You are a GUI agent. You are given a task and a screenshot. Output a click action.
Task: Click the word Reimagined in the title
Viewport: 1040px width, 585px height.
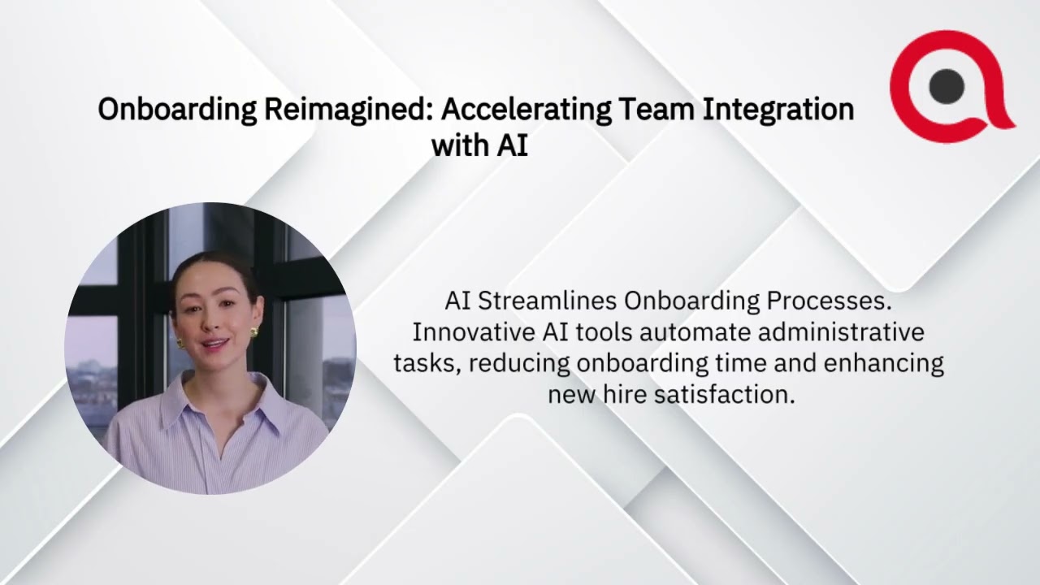click(347, 110)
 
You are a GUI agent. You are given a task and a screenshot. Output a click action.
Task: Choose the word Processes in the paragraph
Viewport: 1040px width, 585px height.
click(830, 301)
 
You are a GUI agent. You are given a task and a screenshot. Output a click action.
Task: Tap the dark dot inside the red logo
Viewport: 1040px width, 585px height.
click(947, 85)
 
